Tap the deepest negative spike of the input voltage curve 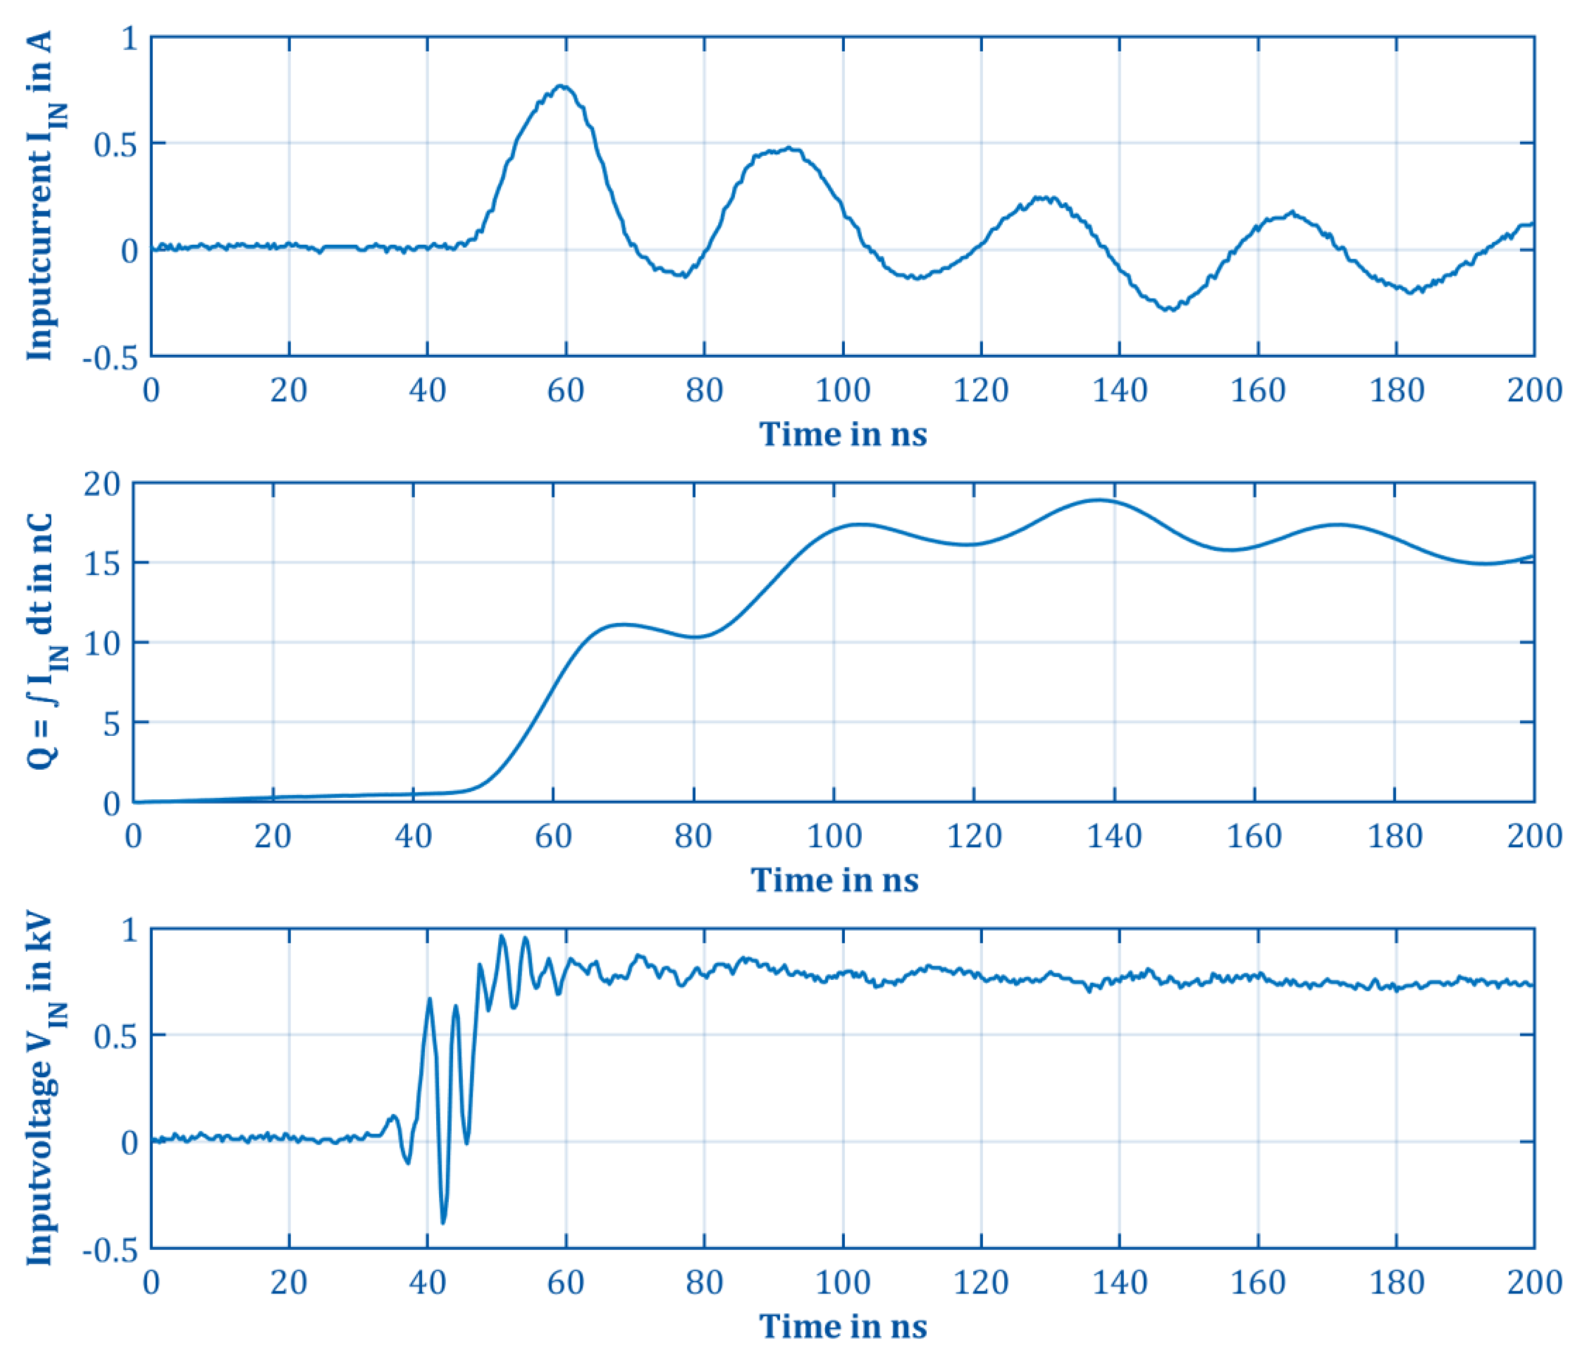(x=443, y=1222)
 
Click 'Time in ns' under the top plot (x=843, y=435)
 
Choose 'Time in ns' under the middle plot (x=834, y=880)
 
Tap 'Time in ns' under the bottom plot (x=843, y=1326)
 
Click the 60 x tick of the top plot (x=565, y=391)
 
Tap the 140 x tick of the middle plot (x=1114, y=836)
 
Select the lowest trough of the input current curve (x=1169, y=309)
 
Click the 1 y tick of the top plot (x=128, y=38)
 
